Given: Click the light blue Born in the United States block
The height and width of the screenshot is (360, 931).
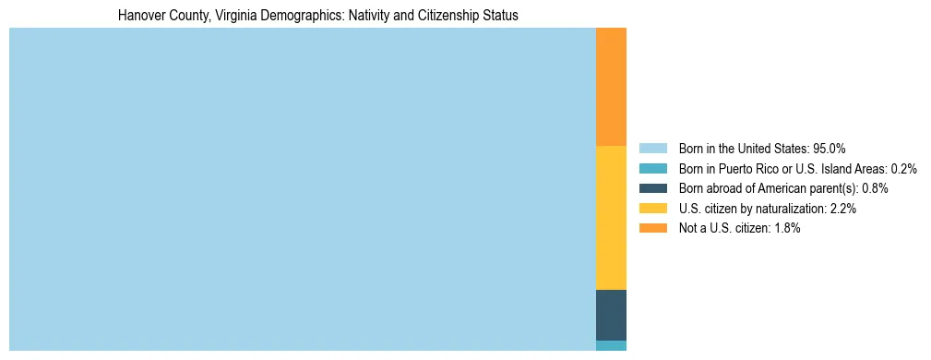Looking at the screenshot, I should point(303,189).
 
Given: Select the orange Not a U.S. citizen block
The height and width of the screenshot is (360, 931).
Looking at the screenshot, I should point(611,87).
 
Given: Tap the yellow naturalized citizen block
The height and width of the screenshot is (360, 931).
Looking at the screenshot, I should point(611,218).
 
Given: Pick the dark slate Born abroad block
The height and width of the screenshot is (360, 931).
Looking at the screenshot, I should point(611,315).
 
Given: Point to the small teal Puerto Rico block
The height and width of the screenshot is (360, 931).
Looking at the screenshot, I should point(611,345).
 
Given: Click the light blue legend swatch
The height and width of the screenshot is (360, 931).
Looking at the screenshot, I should point(652,149).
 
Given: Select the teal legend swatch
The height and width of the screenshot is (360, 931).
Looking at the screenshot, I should point(652,168).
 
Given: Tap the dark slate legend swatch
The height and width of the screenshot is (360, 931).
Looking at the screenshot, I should point(652,188).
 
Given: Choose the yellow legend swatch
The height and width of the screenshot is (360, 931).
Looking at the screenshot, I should point(652,209).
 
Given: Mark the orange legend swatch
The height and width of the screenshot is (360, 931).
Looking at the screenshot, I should point(652,228).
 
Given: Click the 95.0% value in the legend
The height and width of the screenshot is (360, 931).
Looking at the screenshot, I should point(829,149).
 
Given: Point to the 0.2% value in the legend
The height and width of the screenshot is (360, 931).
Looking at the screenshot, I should point(903,168).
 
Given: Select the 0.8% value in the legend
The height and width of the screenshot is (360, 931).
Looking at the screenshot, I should point(875,188).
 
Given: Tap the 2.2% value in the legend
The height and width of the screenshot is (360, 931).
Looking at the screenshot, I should point(842,209).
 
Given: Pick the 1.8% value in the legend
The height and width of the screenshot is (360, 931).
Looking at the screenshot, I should point(786,228).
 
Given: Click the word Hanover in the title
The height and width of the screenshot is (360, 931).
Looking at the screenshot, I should point(139,16).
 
